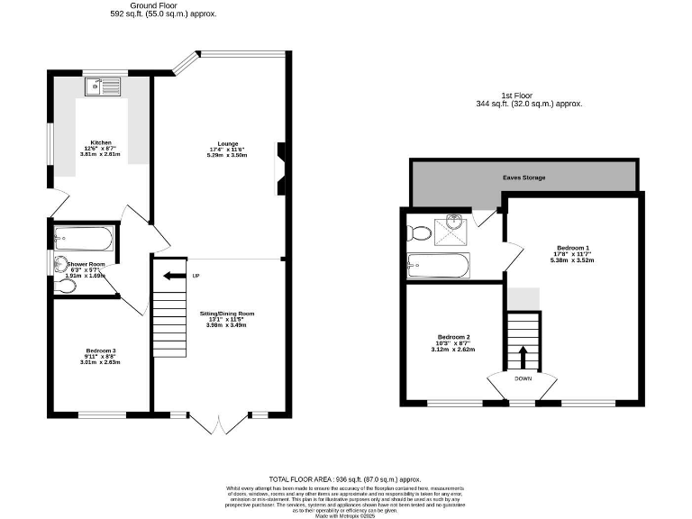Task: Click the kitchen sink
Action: click(x=104, y=87)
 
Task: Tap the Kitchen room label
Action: click(x=100, y=143)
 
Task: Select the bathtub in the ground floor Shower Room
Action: click(x=83, y=240)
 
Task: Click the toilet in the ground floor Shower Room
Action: click(x=65, y=286)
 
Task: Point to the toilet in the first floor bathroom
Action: click(x=419, y=232)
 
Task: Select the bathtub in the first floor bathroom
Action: click(x=439, y=266)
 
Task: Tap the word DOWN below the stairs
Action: click(x=524, y=378)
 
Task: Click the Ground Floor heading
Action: click(x=152, y=5)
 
